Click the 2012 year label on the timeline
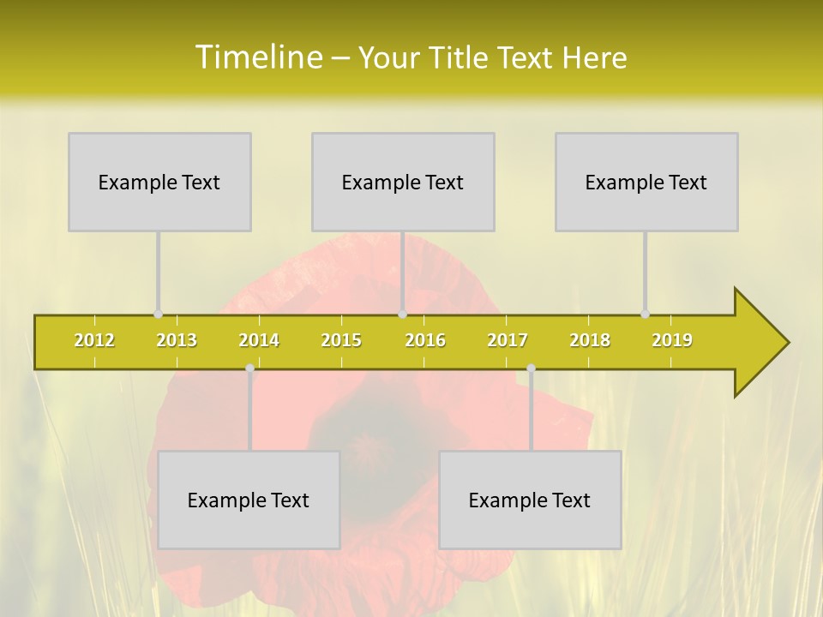(x=94, y=340)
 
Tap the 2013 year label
(x=177, y=340)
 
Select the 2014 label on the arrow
(x=259, y=340)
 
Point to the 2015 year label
(x=341, y=340)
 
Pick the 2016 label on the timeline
(x=425, y=340)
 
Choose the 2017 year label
(x=508, y=340)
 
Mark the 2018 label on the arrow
(x=590, y=340)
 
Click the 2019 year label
(x=672, y=340)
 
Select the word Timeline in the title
(x=257, y=57)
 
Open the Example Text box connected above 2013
(x=159, y=182)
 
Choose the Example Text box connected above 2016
(x=403, y=182)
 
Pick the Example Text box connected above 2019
(x=646, y=182)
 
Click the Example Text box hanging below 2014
(x=249, y=500)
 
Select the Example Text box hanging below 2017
(x=530, y=500)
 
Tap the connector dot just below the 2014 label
(x=249, y=368)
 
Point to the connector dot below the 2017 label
(x=531, y=368)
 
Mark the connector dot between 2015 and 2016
(x=402, y=314)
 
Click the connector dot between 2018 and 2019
(x=645, y=314)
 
